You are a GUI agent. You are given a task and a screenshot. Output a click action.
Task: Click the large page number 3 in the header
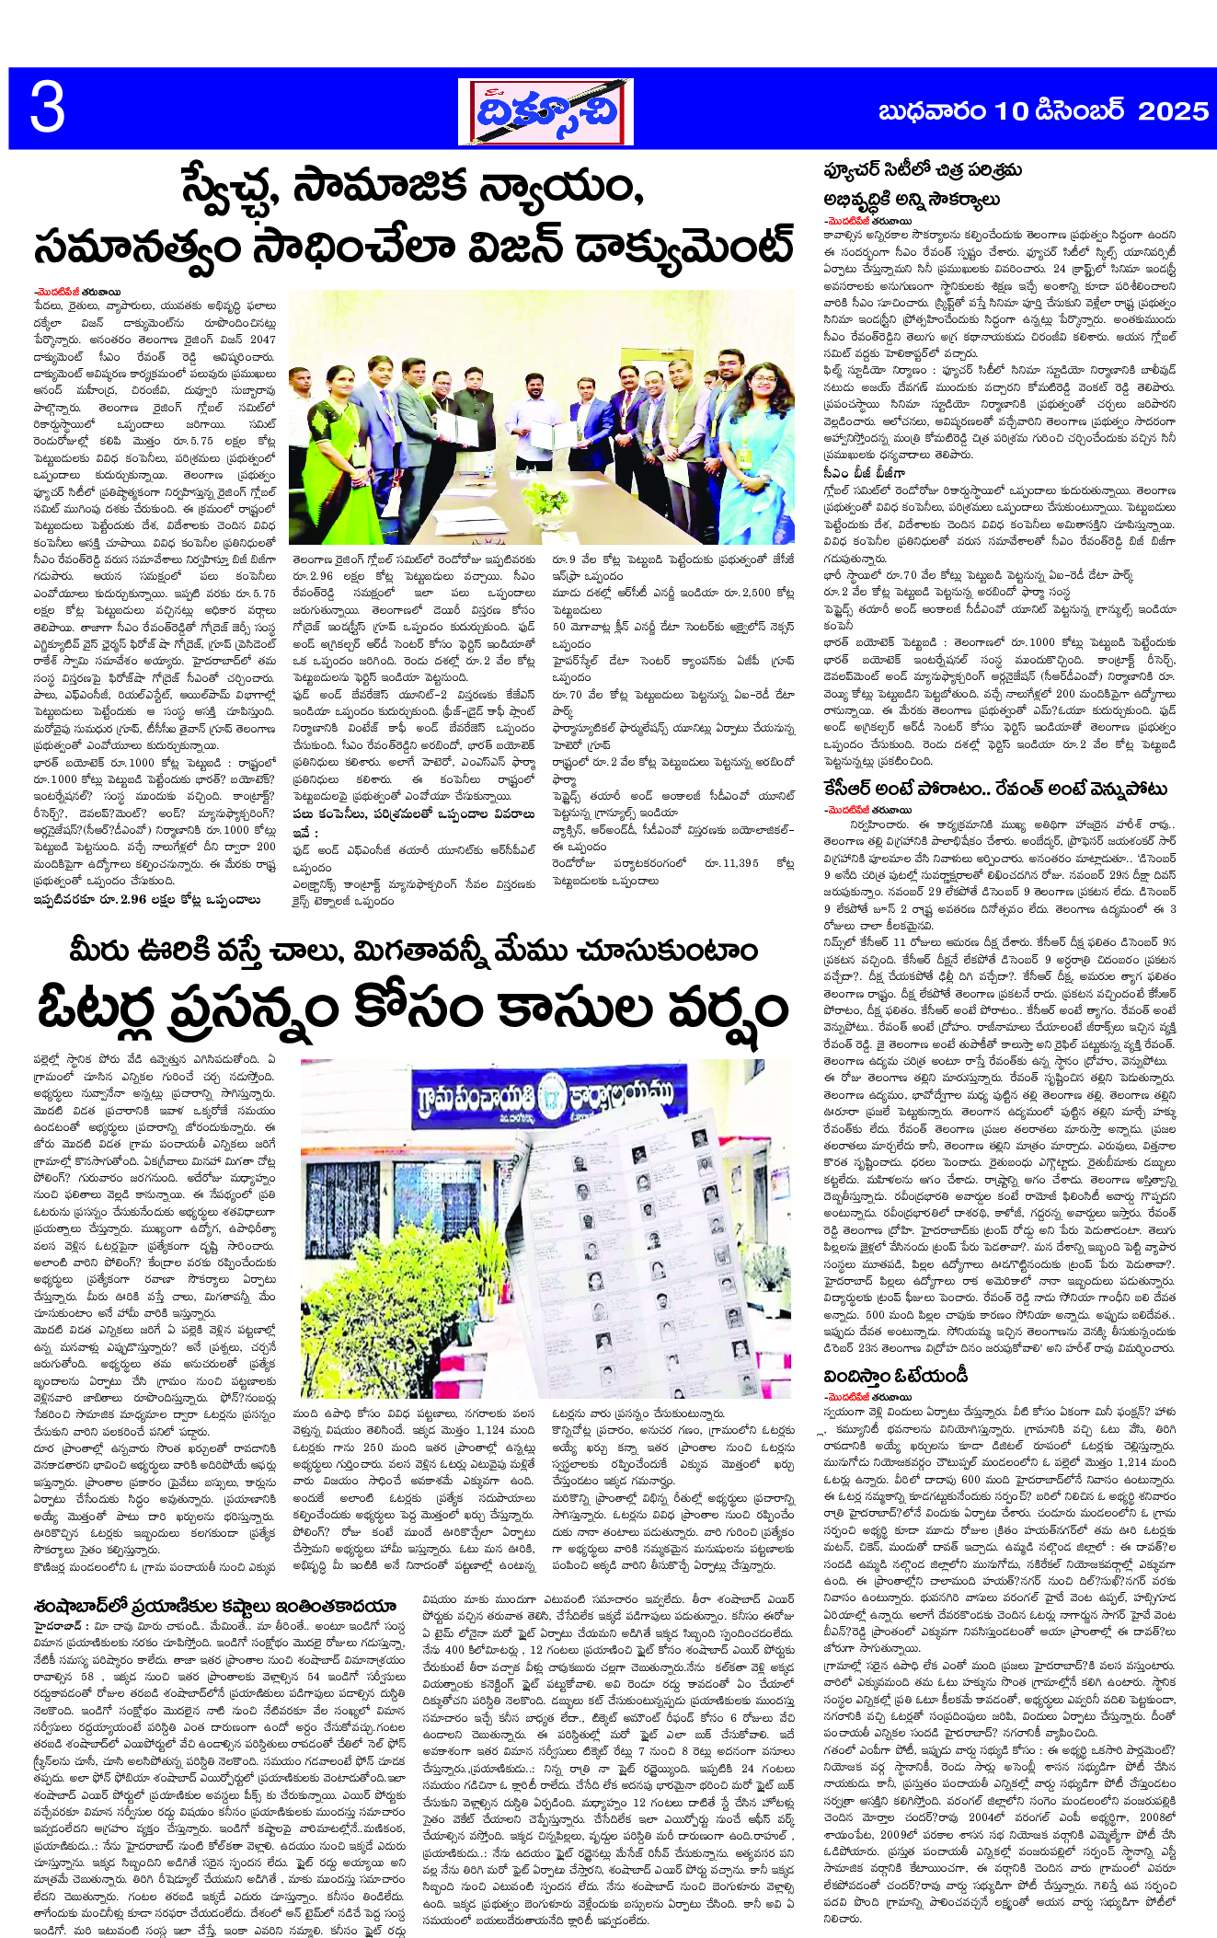(48, 109)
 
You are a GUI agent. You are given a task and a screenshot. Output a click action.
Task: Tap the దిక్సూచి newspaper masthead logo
(545, 111)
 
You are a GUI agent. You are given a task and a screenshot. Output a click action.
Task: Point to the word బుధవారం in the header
(933, 111)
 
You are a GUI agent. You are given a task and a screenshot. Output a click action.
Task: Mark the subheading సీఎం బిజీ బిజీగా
(864, 473)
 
